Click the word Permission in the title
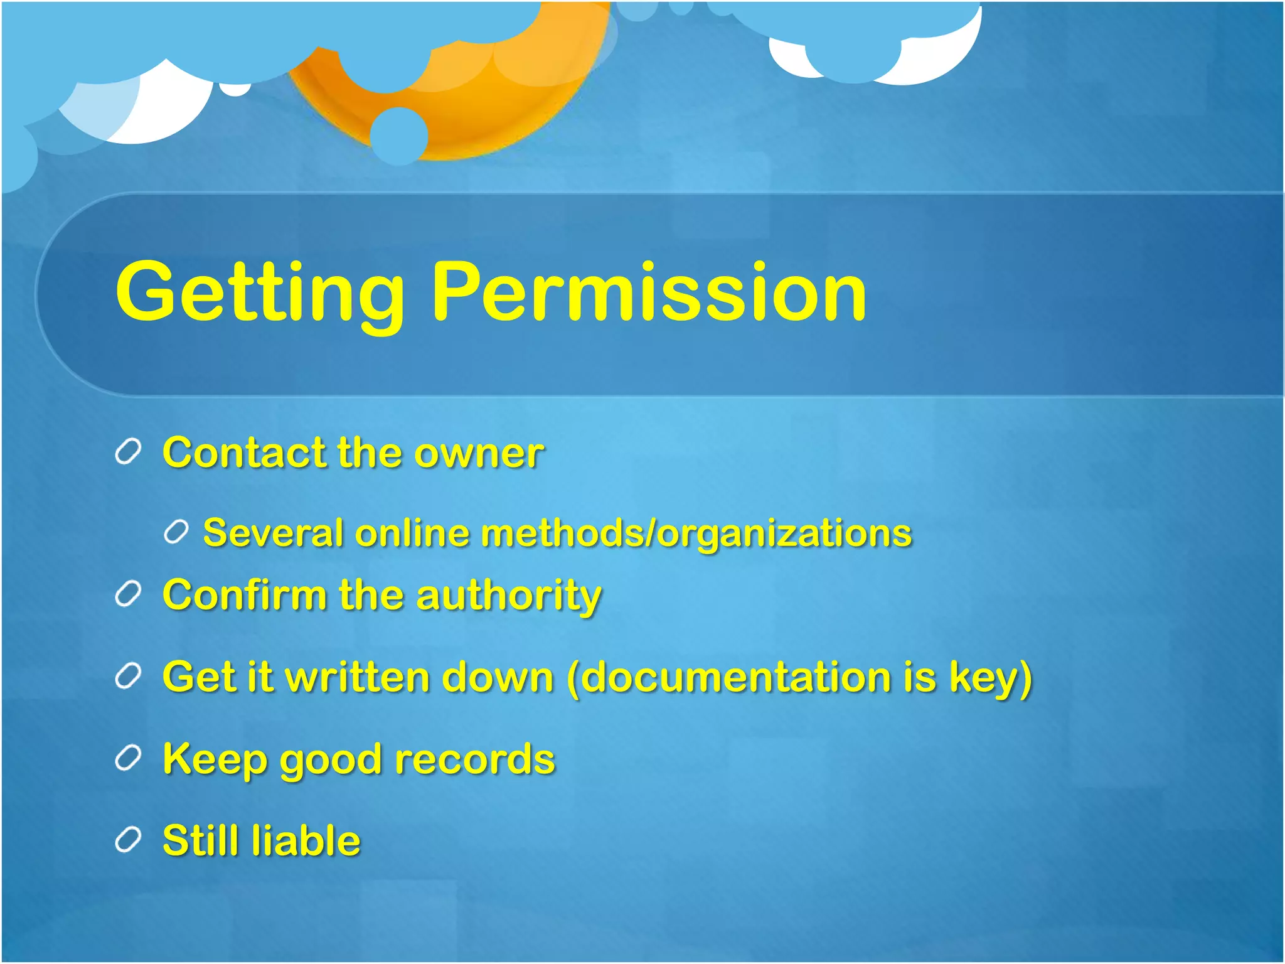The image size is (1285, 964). click(x=649, y=292)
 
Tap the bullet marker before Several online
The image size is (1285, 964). click(x=176, y=532)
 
